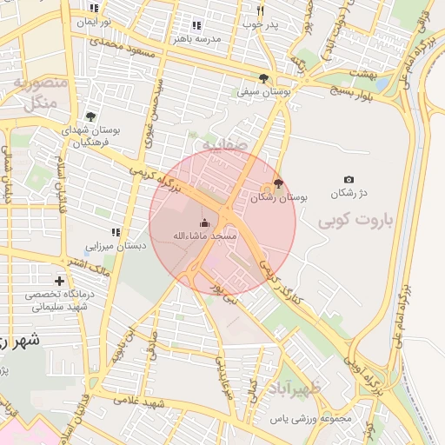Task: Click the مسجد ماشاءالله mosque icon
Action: (204, 222)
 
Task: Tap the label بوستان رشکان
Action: (279, 197)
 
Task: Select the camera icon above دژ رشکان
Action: (349, 179)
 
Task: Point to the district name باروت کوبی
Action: (355, 221)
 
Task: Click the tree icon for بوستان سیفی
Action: (263, 78)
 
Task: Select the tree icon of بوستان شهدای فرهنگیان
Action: (90, 116)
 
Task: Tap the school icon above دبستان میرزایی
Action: (115, 232)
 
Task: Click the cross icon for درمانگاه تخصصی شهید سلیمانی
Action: (59, 281)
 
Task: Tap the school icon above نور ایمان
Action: (94, 8)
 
